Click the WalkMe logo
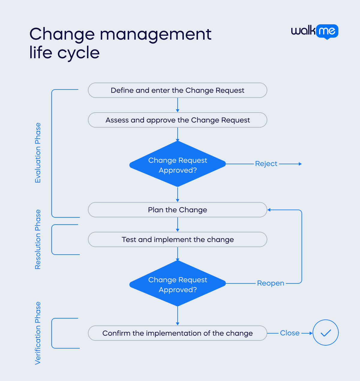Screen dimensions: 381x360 [314, 31]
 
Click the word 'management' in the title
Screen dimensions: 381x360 [155, 34]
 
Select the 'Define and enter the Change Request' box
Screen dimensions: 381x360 [177, 90]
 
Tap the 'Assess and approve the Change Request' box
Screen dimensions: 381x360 [177, 120]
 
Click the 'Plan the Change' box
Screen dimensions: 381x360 [177, 210]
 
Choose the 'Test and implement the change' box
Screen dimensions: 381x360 [177, 240]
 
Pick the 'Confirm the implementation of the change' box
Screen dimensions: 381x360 [177, 333]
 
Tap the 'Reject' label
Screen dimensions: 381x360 [266, 164]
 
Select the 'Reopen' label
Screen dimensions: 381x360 [270, 283]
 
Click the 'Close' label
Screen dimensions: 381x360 [289, 333]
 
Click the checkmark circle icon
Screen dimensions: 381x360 [325, 333]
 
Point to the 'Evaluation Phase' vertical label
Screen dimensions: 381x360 [38, 153]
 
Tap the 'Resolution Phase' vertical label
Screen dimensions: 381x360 [38, 239]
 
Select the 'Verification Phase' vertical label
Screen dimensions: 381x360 [38, 333]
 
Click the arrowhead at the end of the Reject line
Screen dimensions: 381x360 [300, 164]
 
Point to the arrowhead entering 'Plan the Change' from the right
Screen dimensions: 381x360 [269, 210]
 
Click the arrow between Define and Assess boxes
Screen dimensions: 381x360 [178, 105]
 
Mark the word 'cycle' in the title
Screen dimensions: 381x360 [78, 53]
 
